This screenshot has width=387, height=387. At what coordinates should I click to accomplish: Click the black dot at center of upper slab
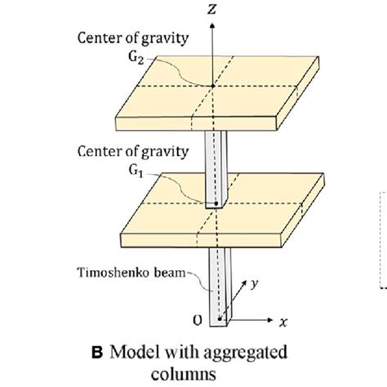click(x=211, y=87)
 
